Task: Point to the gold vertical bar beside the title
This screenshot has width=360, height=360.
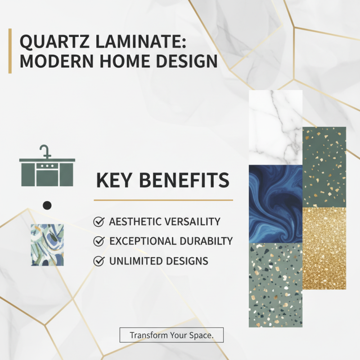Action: pos(10,51)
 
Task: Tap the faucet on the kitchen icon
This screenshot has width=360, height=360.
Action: pos(44,150)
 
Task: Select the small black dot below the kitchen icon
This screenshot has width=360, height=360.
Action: pos(47,205)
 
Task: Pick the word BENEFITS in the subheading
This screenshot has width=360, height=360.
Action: pos(184,181)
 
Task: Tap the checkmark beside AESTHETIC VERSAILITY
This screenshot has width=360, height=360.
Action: pos(98,222)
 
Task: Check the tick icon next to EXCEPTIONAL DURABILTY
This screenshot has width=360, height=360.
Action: pos(98,241)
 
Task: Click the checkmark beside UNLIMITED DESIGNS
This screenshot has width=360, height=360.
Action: pos(98,261)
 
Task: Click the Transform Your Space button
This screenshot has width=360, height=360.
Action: pos(171,335)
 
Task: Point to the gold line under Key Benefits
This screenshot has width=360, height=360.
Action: pos(163,200)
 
